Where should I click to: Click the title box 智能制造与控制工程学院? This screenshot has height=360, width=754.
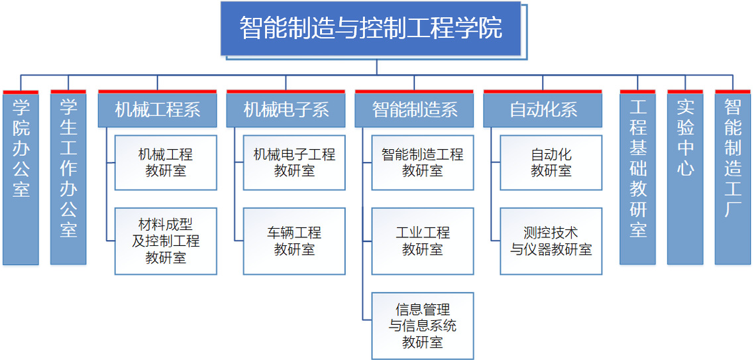tap(371, 29)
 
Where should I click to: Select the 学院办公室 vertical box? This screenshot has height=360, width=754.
tap(21, 179)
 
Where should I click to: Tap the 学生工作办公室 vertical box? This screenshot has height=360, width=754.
tap(68, 179)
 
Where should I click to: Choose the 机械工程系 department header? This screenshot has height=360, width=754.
tap(157, 110)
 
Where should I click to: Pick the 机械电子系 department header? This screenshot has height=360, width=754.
tap(286, 110)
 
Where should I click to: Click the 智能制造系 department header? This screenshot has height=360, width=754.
tap(414, 110)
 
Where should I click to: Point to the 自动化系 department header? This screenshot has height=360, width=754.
tap(543, 110)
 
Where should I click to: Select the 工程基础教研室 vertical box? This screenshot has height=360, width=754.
tap(637, 179)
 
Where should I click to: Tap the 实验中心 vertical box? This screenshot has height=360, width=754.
tap(685, 179)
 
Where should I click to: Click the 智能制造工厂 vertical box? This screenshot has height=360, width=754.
tap(733, 179)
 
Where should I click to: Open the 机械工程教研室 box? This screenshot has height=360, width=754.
tap(166, 162)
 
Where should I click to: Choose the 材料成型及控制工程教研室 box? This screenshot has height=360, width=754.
tap(166, 241)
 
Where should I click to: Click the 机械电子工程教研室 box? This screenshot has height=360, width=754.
tap(294, 162)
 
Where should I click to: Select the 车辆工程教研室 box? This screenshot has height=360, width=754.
tap(294, 241)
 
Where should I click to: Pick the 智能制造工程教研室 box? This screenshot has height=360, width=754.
tap(423, 162)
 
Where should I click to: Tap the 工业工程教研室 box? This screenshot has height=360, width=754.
tap(423, 241)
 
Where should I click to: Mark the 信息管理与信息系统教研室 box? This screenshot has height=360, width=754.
tap(423, 326)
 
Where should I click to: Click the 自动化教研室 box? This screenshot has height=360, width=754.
tap(551, 162)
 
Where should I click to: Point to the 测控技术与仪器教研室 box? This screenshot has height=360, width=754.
tap(551, 241)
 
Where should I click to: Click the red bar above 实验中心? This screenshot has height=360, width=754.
tap(685, 91)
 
